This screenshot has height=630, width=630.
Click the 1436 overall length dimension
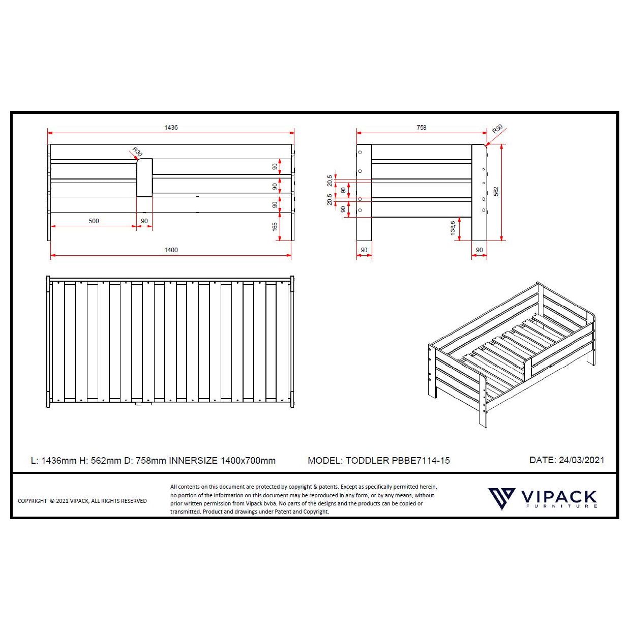[x=171, y=127]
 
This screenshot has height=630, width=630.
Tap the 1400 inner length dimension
[x=171, y=250]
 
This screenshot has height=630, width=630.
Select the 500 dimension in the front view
[x=94, y=221]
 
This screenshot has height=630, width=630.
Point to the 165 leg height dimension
[x=275, y=226]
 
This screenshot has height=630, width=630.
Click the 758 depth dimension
[x=422, y=127]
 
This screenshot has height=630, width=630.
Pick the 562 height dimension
[x=496, y=191]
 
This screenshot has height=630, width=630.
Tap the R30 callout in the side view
[x=497, y=129]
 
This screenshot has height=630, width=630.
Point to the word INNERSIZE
[x=193, y=461]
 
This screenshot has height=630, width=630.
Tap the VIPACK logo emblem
[x=501, y=498]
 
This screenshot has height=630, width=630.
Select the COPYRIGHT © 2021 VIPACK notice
[x=82, y=501]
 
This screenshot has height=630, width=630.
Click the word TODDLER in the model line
[x=367, y=461]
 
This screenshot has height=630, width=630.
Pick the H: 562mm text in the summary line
[x=100, y=461]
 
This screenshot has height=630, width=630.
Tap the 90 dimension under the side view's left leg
[x=364, y=250]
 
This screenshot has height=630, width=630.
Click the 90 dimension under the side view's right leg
[x=479, y=250]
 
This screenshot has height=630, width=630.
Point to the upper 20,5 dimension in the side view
[x=330, y=181]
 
